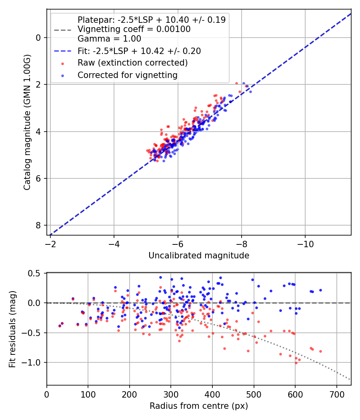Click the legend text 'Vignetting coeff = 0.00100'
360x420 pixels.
point(134,29)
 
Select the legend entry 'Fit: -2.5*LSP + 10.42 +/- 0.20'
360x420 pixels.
point(139,51)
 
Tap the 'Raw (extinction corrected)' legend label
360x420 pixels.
point(132,63)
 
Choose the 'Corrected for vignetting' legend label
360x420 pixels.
point(128,75)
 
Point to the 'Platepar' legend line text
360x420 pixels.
point(151,20)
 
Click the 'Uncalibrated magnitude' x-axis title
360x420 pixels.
point(199,256)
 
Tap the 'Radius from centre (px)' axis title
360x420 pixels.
point(199,406)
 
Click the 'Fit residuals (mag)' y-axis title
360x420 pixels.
point(12,329)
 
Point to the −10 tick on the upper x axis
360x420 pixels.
point(305,243)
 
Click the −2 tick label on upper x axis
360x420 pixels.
point(50,243)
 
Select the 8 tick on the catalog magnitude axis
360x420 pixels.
point(38,225)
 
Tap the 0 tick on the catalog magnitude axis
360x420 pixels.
point(38,38)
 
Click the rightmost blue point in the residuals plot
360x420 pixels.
point(320,290)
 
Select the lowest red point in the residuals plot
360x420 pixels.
point(296,363)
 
